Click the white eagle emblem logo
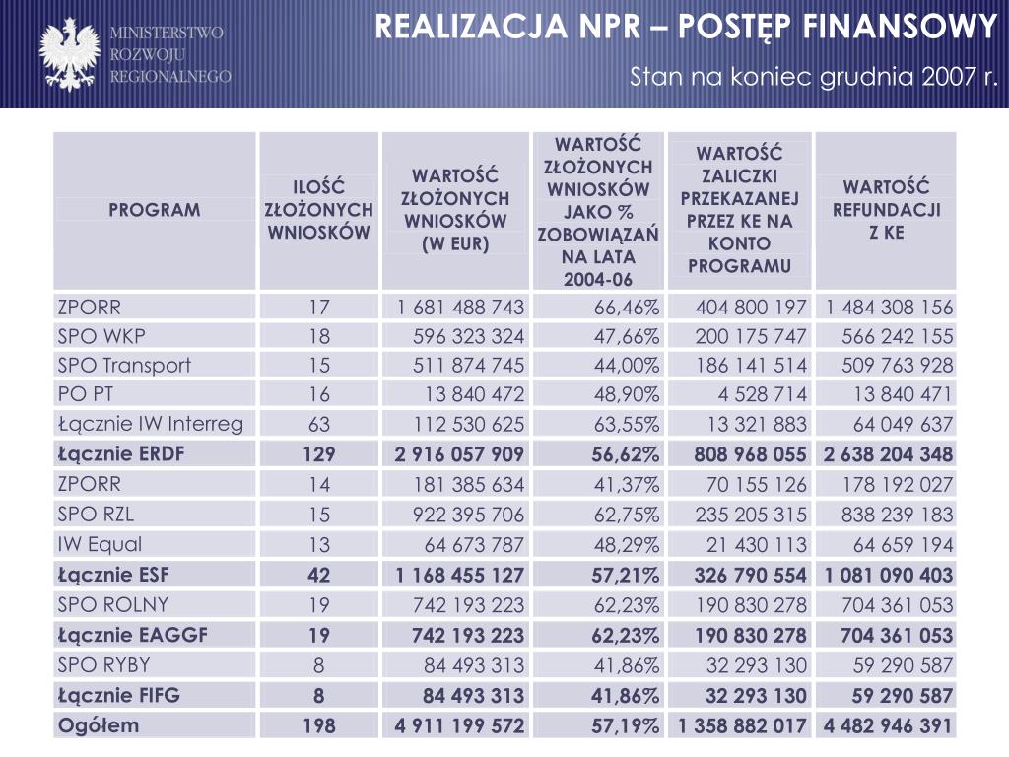(x=70, y=54)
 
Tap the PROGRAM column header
(x=155, y=210)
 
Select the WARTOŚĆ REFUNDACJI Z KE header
(x=886, y=210)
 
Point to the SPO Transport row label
(x=124, y=366)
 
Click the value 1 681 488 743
(x=461, y=308)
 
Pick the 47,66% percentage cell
(x=626, y=337)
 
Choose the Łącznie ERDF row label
(x=121, y=453)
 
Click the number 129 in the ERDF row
(x=319, y=454)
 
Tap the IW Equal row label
(x=100, y=544)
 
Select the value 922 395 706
(x=468, y=515)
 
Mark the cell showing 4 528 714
(x=762, y=394)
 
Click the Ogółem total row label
(x=99, y=726)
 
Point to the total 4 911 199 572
(x=459, y=726)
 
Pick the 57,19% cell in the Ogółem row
(x=626, y=726)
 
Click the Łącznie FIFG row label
(x=119, y=695)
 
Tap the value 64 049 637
(x=903, y=424)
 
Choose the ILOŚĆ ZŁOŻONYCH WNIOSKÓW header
(x=318, y=210)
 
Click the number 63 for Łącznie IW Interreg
(x=319, y=424)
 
